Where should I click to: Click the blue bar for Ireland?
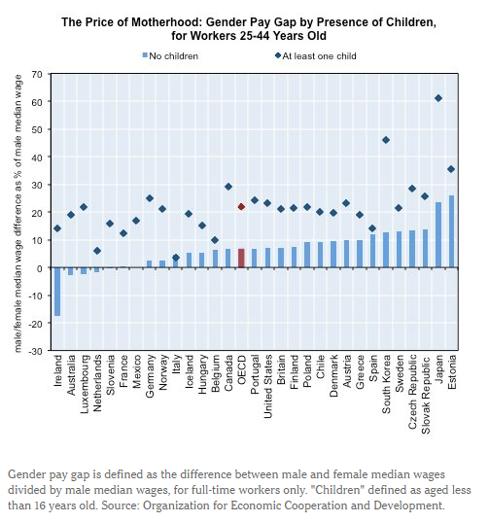[57, 292]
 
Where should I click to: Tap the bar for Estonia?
[451, 231]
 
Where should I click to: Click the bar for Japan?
[438, 234]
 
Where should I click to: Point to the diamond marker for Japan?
[438, 98]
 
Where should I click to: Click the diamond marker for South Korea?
[386, 140]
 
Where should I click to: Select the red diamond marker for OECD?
[241, 206]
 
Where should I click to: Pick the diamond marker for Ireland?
[57, 228]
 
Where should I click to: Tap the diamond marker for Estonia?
[451, 169]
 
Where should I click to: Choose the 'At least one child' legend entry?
[313, 55]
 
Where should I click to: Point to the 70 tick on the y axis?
[37, 74]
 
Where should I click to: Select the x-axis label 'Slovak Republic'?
[425, 394]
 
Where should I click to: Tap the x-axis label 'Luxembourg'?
[84, 386]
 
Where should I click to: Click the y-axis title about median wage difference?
[17, 212]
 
